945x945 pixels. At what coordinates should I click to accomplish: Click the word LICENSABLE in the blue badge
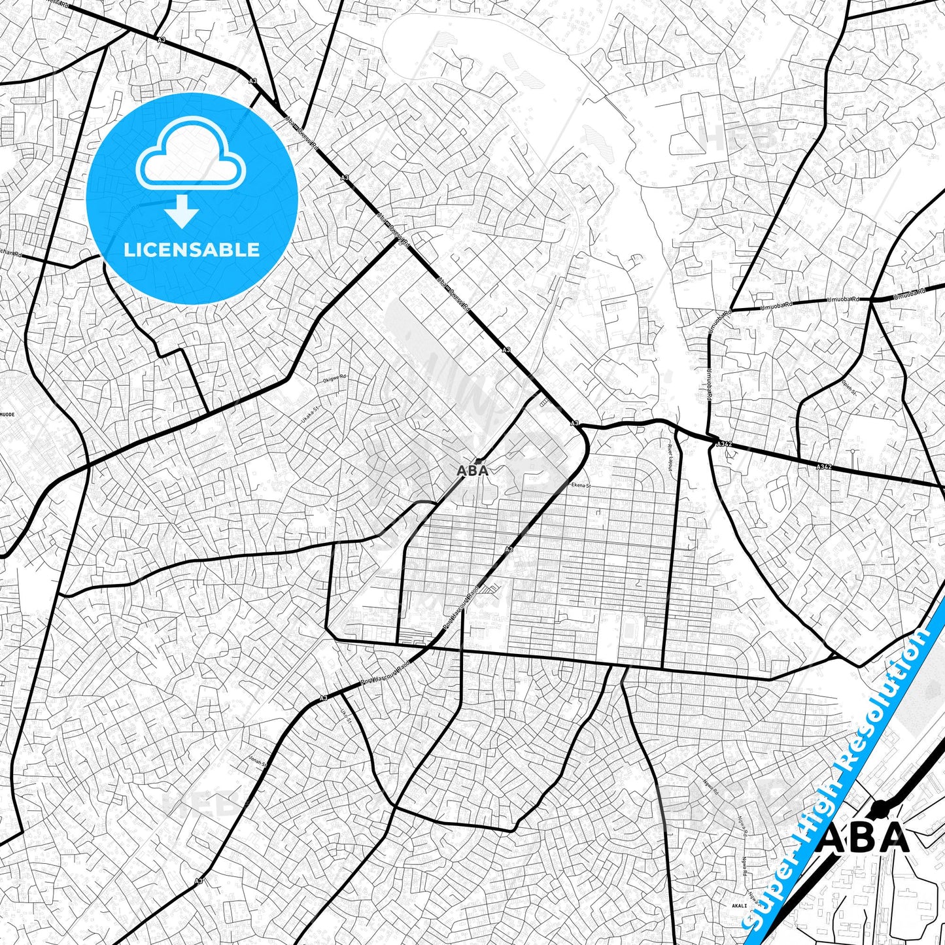pos(192,250)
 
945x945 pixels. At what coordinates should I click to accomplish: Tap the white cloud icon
pos(190,160)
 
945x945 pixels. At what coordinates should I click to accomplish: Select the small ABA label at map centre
pos(472,470)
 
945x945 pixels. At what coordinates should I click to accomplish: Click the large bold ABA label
pos(863,838)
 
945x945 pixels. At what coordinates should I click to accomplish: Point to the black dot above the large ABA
pos(880,810)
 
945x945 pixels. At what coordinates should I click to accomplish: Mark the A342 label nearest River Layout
pos(723,444)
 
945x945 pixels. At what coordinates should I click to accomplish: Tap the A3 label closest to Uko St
pos(323,698)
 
